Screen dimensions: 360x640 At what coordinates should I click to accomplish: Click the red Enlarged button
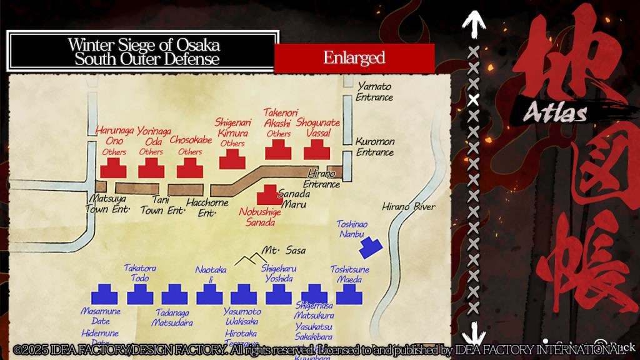tap(354, 58)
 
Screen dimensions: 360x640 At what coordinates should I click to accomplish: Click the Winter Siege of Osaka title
tap(144, 52)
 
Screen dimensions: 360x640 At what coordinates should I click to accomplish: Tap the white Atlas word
tap(555, 113)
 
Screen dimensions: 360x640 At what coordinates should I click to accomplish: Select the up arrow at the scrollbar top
tap(474, 24)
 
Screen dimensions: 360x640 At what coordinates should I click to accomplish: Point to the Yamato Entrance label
tap(374, 92)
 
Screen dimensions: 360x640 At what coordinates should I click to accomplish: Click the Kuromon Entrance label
tap(374, 146)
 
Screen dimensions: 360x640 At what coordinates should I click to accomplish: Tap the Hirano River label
tap(409, 207)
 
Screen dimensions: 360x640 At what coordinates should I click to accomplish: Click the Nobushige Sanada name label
tap(260, 217)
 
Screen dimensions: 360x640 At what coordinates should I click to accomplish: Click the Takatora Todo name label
tap(139, 272)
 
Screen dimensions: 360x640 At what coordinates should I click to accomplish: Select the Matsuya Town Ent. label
tap(107, 204)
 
